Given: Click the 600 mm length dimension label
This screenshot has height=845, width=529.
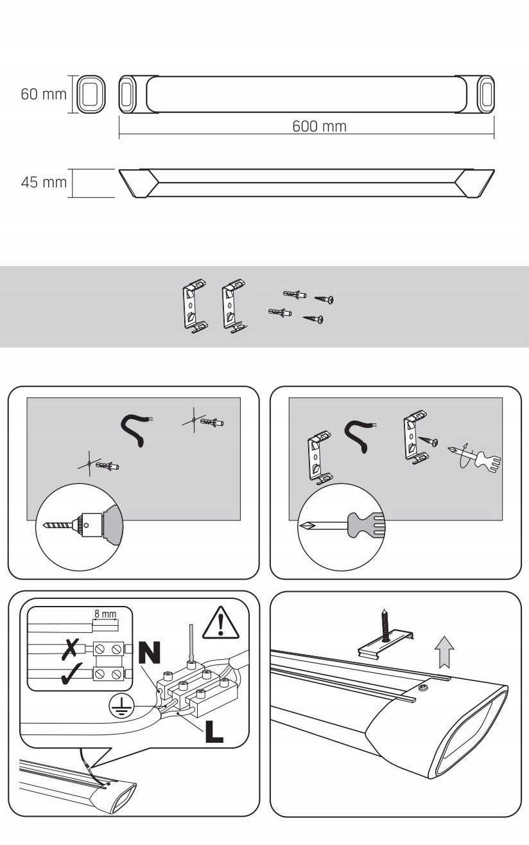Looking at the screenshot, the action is (319, 127).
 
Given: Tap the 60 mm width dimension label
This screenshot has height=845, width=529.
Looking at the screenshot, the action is (44, 94).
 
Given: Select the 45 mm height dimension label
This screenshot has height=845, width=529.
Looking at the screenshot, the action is (44, 182).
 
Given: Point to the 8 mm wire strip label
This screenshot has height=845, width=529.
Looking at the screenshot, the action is (105, 614).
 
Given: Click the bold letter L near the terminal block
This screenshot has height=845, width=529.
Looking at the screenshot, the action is (214, 732).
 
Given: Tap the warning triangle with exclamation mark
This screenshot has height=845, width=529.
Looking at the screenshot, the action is (221, 624).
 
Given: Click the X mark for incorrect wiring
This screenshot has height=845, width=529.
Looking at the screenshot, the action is (71, 649).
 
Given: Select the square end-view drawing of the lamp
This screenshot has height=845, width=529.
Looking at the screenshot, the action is (91, 94).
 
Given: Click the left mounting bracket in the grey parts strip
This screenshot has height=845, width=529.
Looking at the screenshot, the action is (195, 307).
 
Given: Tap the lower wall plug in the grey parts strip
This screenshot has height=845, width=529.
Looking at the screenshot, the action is (280, 312).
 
